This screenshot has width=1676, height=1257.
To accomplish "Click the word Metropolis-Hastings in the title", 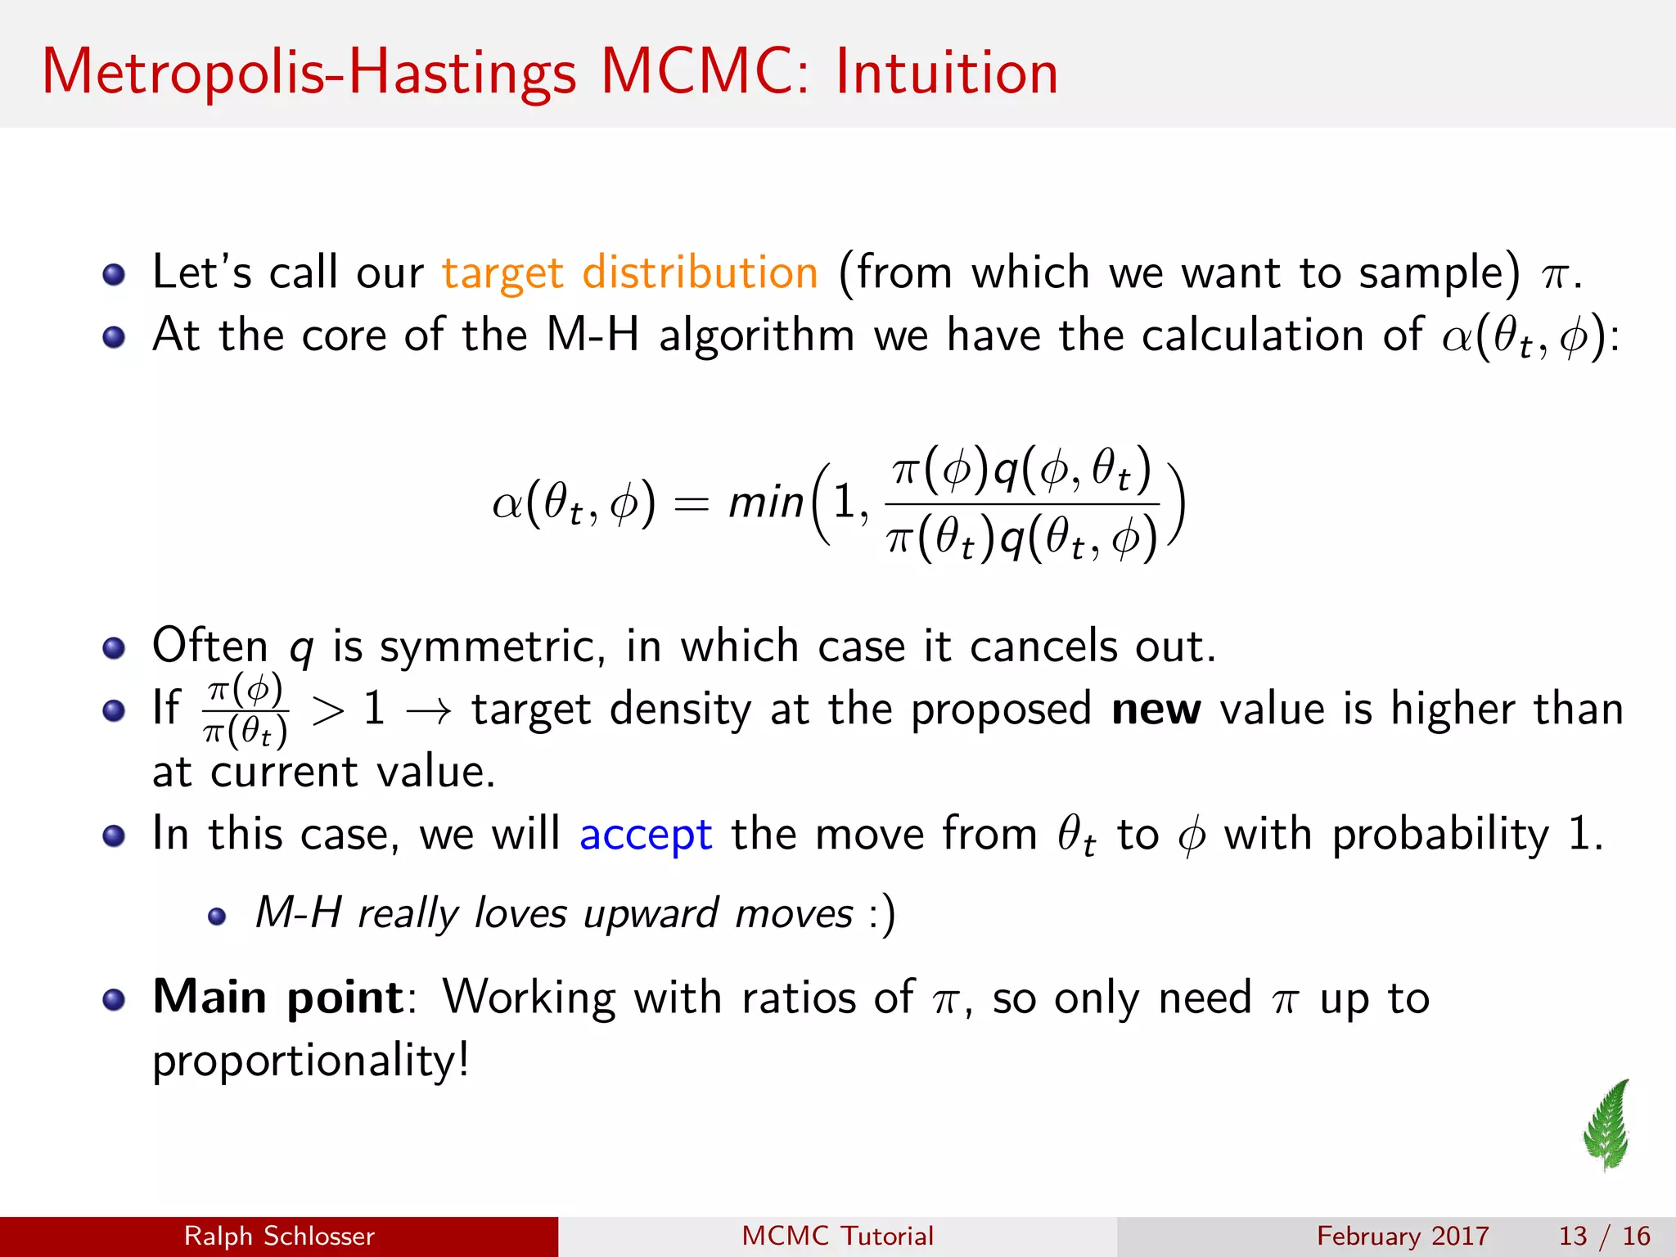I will coord(309,74).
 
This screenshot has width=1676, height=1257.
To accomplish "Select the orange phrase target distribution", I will coord(629,273).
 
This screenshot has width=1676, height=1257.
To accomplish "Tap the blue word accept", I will coord(646,835).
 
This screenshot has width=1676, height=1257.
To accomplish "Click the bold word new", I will coord(1156,710).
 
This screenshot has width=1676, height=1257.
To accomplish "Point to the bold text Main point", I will coord(278,998).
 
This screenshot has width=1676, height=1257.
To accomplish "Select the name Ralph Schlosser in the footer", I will coord(279,1236).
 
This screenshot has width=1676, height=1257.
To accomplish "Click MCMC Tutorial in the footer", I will coord(837,1236).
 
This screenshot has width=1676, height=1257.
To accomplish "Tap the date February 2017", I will coord(1402,1236).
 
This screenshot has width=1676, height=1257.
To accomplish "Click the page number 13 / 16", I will coord(1604,1236).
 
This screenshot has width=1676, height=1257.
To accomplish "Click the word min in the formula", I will coord(765,502).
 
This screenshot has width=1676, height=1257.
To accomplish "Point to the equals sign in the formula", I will coord(691,504).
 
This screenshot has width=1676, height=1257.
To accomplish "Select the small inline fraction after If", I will coord(245,710).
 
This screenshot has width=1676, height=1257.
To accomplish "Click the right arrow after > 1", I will coord(428,710).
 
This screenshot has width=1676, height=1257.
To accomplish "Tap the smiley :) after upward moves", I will coord(882,914).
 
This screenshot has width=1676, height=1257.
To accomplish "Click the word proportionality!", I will coord(311,1061).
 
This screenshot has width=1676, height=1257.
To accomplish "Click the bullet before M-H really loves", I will coord(217,916).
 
